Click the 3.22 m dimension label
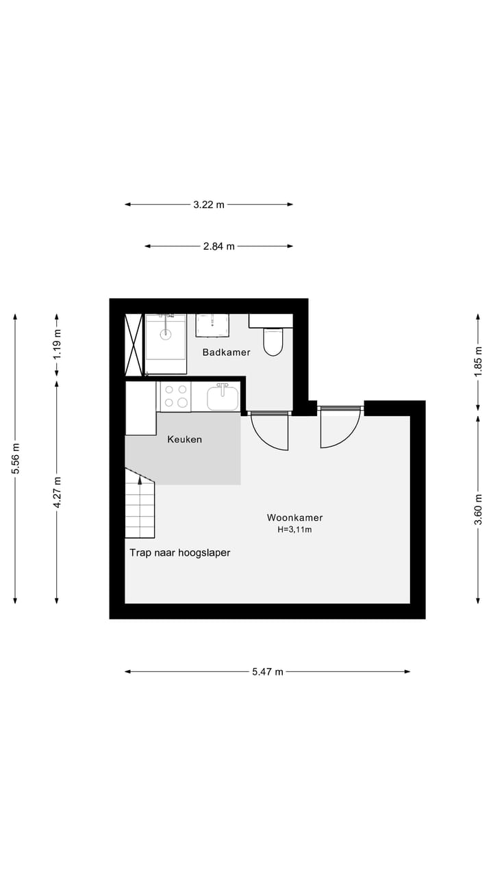pos(209,204)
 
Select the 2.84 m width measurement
pos(218,246)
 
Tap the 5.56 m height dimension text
pos(15,459)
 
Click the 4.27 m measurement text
pos(57,492)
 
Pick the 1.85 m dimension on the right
pos(478,360)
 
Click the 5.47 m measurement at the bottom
pos(267,672)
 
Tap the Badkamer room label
pos(226,352)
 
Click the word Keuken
pos(185,439)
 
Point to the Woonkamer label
pos(294,518)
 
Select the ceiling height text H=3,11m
pos(294,530)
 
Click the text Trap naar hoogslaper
pos(180,553)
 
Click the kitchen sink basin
pos(223,398)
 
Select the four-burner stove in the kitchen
pos(175,396)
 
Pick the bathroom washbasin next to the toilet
pos(212,326)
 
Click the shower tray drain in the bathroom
pos(165,334)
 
